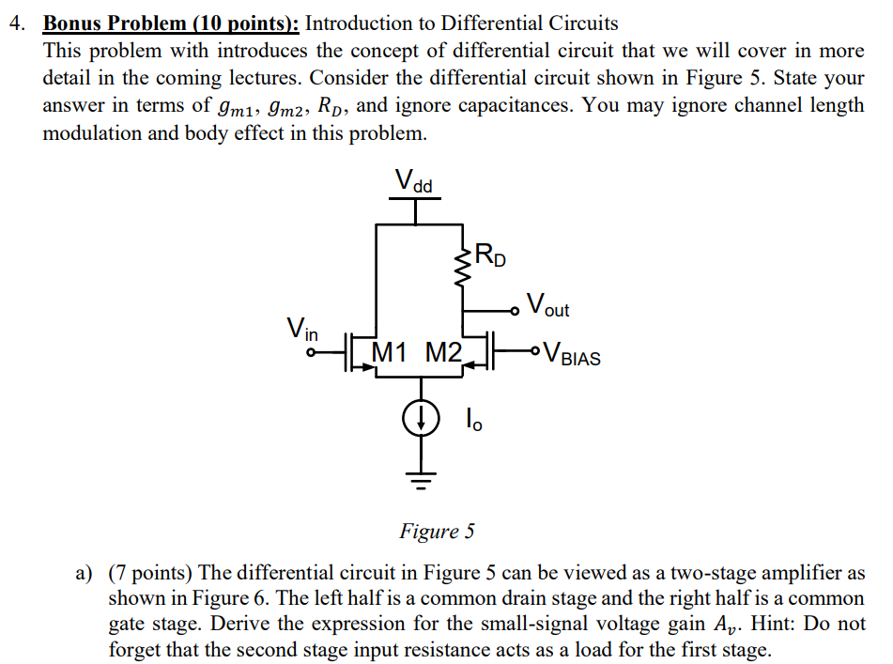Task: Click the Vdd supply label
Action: coord(413,180)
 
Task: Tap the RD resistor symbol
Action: coord(463,267)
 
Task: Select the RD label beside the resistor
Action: coord(489,255)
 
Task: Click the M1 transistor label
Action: coord(393,353)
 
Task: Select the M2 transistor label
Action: coord(443,353)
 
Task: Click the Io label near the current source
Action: coord(474,418)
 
